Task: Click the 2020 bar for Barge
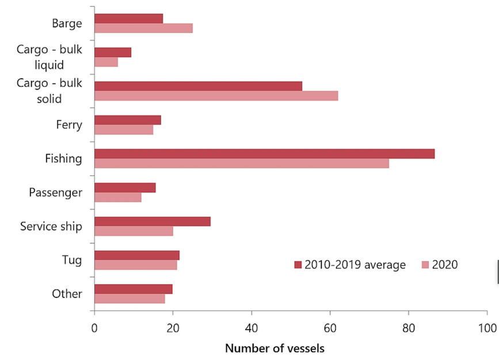[143, 28]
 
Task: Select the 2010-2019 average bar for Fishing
[264, 154]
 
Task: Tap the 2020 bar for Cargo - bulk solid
[216, 95]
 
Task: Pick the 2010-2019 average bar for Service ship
[152, 221]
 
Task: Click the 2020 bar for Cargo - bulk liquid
[106, 62]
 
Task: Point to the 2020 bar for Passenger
[117, 197]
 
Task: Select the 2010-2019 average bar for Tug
[136, 255]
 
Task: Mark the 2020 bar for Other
[129, 298]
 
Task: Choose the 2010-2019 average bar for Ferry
[127, 120]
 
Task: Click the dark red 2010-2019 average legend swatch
[298, 265]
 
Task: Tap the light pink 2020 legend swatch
[425, 265]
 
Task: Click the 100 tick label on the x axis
[487, 328]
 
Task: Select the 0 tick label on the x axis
[94, 328]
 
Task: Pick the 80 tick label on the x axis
[408, 328]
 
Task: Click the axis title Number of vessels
[275, 348]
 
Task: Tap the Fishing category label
[64, 159]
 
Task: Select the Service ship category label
[51, 226]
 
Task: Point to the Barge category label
[67, 24]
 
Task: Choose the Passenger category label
[56, 192]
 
